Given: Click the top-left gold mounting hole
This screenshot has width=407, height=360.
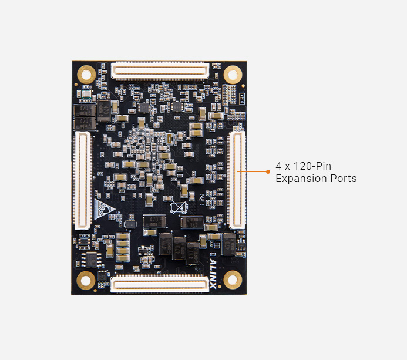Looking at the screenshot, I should pos(87,74).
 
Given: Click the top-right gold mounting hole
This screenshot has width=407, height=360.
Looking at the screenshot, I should pos(233,74).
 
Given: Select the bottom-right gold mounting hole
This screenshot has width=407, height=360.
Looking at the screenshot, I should pos(233,280).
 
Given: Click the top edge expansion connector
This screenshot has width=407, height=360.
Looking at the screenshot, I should pos(160,70).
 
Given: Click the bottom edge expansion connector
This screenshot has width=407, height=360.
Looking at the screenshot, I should pos(160,285).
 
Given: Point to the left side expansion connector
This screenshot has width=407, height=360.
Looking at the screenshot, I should pos(82,180).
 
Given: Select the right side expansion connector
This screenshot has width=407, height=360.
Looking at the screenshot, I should pos(237,180).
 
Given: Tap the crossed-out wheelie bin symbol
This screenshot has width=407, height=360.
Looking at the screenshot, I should pos(178,208).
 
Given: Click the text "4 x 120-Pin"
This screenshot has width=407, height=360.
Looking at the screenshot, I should pos(303,166).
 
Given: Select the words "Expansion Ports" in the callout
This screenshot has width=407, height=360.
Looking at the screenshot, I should pos(316,179).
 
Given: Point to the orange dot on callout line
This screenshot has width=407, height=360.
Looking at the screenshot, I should pos(268,172).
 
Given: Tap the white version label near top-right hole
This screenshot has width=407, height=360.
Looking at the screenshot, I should pos(241,97).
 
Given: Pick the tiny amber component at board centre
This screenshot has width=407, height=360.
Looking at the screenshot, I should pos(169,139).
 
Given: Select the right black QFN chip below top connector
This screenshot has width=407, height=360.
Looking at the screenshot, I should pos(176,107).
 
